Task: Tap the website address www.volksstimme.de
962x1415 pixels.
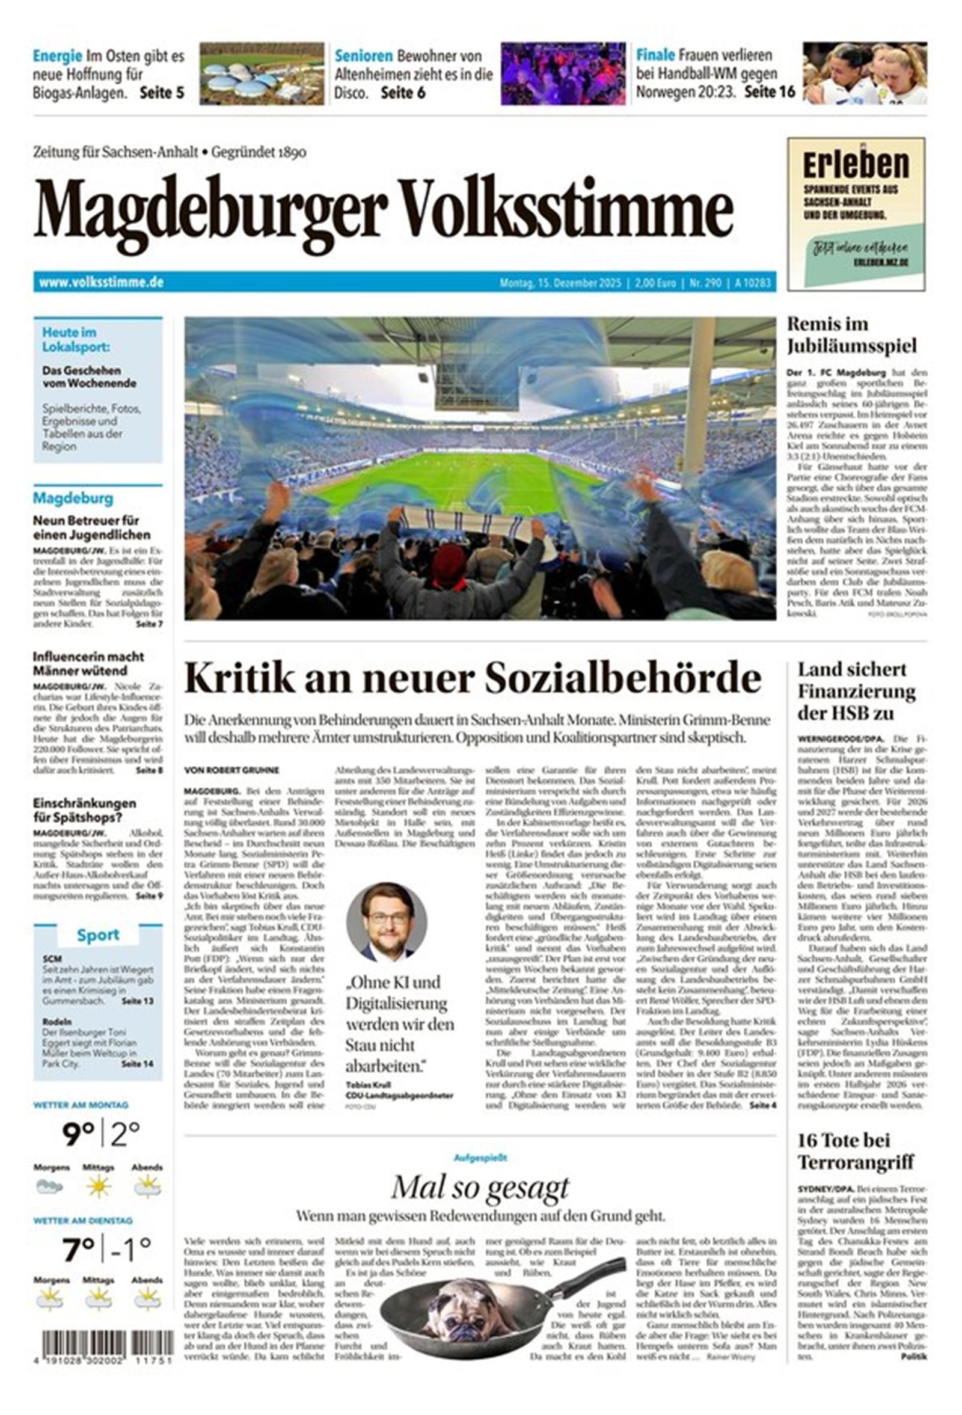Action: pyautogui.click(x=101, y=283)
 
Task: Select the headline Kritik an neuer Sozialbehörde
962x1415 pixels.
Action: pyautogui.click(x=473, y=678)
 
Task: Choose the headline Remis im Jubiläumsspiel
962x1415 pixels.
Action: pyautogui.click(x=851, y=335)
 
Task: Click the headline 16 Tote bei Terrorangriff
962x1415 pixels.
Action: pyautogui.click(x=856, y=1152)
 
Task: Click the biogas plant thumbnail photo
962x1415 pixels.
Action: pyautogui.click(x=261, y=73)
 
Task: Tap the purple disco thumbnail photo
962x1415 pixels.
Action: pyautogui.click(x=563, y=73)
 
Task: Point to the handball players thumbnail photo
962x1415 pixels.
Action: pyautogui.click(x=864, y=73)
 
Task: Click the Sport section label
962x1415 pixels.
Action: pyautogui.click(x=97, y=935)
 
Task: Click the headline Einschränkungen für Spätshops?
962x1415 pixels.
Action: pyautogui.click(x=84, y=810)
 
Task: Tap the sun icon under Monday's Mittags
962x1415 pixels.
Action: pyautogui.click(x=99, y=1185)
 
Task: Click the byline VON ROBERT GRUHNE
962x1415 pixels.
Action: pyautogui.click(x=231, y=770)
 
